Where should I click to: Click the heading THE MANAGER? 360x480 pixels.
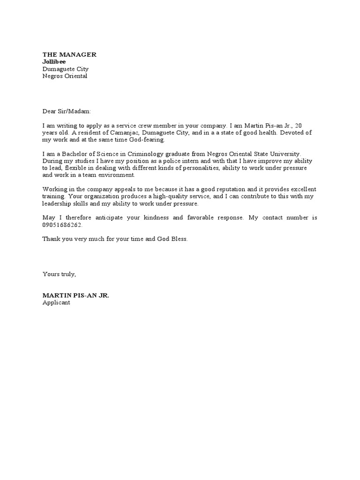pyautogui.click(x=69, y=55)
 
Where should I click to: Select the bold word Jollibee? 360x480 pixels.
pyautogui.click(x=54, y=61)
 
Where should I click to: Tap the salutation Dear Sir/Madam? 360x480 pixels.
pyautogui.click(x=67, y=112)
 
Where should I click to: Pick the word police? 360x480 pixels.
pyautogui.click(x=170, y=161)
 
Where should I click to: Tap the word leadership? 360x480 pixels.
pyautogui.click(x=59, y=204)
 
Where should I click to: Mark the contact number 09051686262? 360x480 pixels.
pyautogui.click(x=62, y=225)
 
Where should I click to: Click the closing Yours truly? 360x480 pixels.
pyautogui.click(x=59, y=274)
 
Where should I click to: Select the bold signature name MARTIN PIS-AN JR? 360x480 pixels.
pyautogui.click(x=75, y=296)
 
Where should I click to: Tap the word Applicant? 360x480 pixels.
pyautogui.click(x=56, y=303)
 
